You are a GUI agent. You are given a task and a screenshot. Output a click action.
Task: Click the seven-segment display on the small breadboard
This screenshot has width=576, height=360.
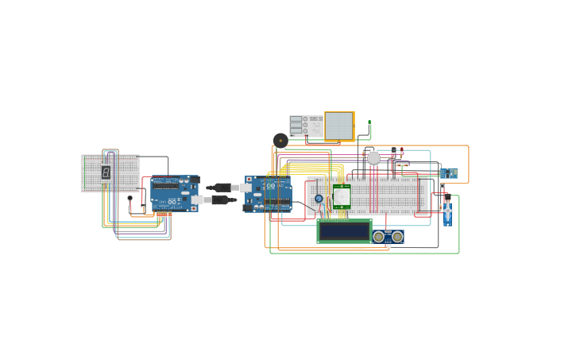[x=106, y=172]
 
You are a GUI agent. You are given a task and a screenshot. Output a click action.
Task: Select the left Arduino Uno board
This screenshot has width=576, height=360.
[x=174, y=193]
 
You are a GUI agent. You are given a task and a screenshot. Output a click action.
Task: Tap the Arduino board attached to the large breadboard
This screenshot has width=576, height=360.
[x=268, y=194]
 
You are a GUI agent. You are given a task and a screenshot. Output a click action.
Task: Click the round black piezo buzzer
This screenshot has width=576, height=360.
[x=280, y=141]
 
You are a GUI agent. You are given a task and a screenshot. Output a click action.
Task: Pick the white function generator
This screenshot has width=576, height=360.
[x=306, y=126]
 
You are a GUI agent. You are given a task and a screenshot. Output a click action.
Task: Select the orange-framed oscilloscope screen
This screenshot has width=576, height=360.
[x=339, y=126]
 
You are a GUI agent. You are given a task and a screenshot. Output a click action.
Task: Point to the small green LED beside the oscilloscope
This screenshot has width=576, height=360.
[x=369, y=123]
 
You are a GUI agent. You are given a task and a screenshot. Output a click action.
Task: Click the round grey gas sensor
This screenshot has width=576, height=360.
[x=373, y=158]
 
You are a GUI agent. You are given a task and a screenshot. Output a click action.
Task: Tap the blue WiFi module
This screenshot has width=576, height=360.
[x=449, y=172]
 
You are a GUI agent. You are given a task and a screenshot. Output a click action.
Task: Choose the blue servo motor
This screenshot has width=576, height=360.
[x=447, y=213]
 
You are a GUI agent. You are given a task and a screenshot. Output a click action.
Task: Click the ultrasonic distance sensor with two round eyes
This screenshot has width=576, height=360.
[x=388, y=237]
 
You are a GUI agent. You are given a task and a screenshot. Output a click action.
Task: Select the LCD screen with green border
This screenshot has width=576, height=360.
[x=344, y=231]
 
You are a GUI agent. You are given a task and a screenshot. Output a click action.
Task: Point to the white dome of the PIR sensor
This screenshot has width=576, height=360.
[x=342, y=195]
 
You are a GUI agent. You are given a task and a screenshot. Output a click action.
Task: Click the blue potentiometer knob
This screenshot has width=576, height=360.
[x=319, y=199]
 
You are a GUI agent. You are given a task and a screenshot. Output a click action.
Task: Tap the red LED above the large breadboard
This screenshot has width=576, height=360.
[x=401, y=151]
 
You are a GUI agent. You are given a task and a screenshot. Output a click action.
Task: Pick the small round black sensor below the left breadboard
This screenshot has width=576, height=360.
[x=130, y=198]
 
